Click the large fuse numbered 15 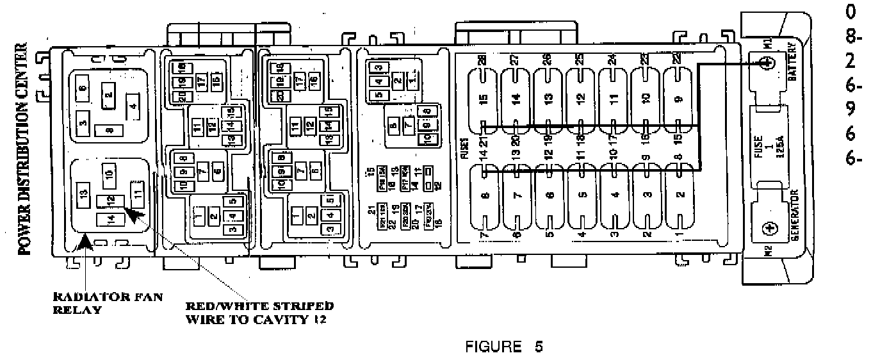point(484,99)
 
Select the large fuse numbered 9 point(680,99)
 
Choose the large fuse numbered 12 point(581,99)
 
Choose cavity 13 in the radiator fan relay point(83,195)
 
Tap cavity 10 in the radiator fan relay point(108,174)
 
